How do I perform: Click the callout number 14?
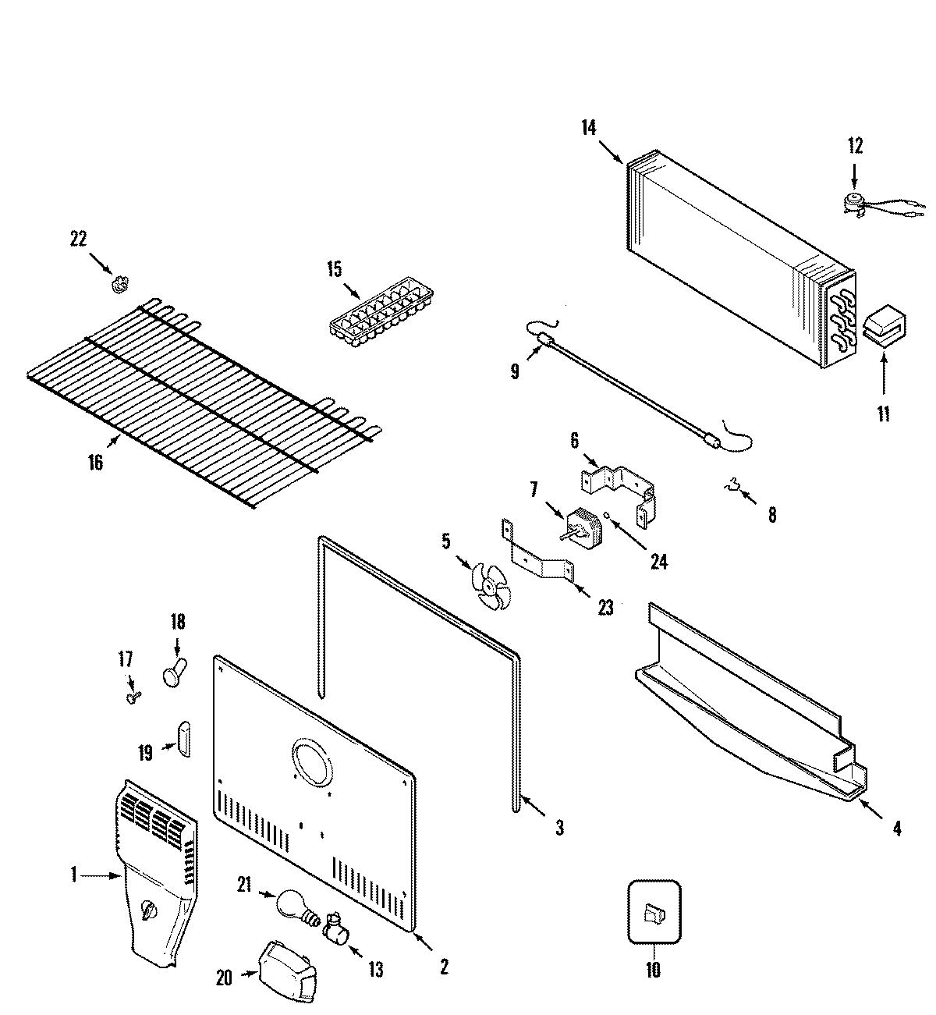588,128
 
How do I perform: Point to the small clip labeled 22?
119,283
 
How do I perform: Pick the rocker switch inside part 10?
653,912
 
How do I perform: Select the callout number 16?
95,463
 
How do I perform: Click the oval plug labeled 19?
184,738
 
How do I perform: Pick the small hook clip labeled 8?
731,489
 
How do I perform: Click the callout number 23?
605,606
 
